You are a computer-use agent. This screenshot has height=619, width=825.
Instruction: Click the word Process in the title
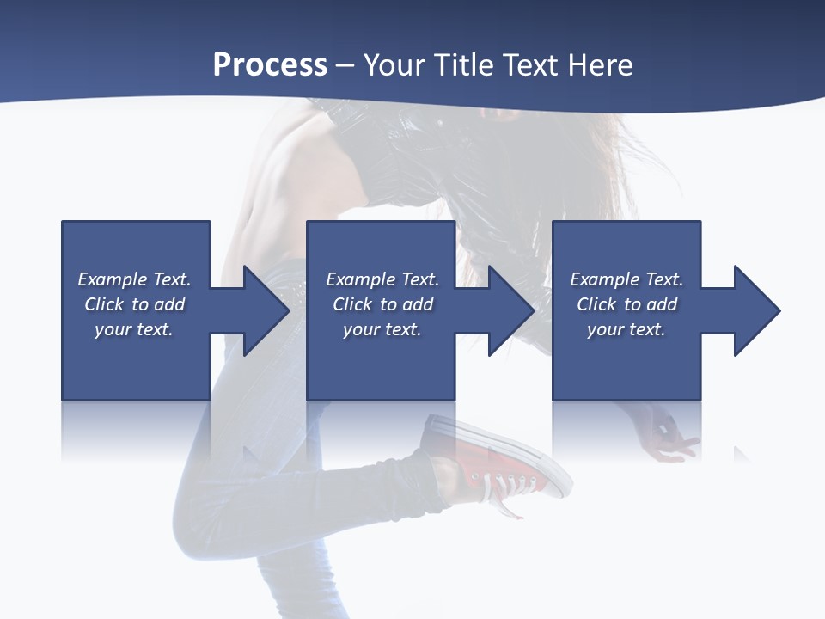tap(270, 65)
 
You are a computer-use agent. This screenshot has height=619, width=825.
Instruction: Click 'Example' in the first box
tap(113, 279)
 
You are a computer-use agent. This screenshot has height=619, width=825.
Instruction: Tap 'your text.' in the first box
tap(134, 329)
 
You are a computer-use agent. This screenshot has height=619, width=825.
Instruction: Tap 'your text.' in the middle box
tap(382, 329)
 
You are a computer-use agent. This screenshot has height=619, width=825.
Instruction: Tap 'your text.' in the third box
tap(626, 329)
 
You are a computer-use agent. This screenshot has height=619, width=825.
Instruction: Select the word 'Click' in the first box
tap(104, 304)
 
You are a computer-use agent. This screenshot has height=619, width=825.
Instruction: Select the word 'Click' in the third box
tap(596, 304)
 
